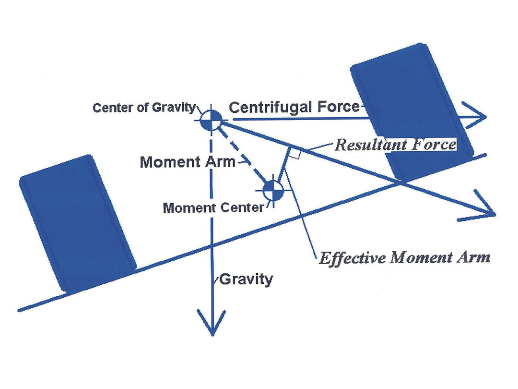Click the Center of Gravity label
pos(144,107)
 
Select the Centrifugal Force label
pos(294,107)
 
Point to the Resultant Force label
pos(395,145)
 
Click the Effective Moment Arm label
pos(404,257)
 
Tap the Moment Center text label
pos(213,208)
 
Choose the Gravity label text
pos(246,279)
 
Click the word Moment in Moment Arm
pos(167,162)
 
